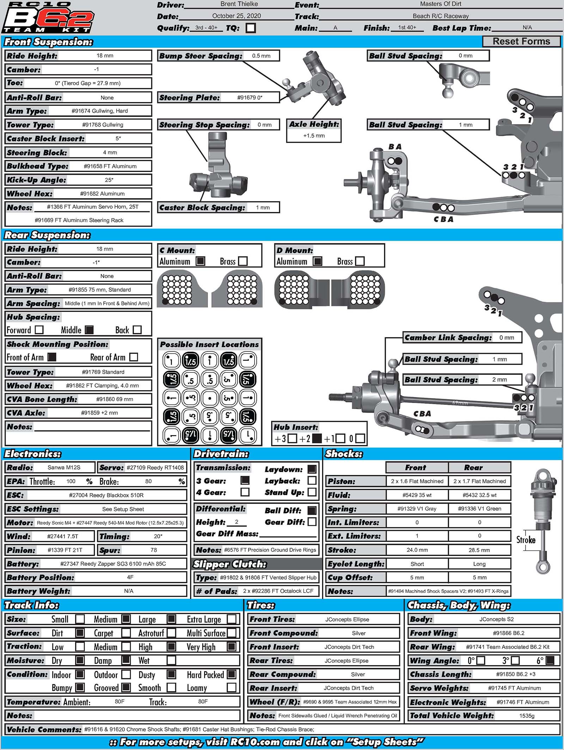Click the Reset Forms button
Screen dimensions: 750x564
click(x=521, y=41)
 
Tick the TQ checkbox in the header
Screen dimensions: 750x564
click(x=251, y=28)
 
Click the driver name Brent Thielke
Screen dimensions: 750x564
click(x=239, y=4)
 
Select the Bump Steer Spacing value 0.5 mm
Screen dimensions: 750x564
click(x=261, y=56)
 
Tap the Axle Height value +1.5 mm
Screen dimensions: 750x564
click(x=314, y=135)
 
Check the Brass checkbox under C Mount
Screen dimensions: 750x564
click(x=243, y=261)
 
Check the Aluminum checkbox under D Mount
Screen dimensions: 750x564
click(x=318, y=261)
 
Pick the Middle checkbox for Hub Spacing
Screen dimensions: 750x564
click(x=90, y=330)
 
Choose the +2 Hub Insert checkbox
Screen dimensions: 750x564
click(x=317, y=438)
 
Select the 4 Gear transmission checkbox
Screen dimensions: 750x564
click(x=245, y=492)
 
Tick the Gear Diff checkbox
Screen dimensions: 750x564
click(x=312, y=522)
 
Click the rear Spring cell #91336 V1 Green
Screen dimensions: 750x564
click(x=479, y=508)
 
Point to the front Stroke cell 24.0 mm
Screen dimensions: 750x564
click(x=417, y=550)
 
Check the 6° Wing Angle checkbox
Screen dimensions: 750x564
click(x=550, y=660)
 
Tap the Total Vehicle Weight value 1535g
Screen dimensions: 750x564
click(x=527, y=715)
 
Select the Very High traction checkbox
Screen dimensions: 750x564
click(x=232, y=646)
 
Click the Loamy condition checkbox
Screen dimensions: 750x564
click(x=232, y=687)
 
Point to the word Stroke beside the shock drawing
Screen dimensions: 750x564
click(x=526, y=540)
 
